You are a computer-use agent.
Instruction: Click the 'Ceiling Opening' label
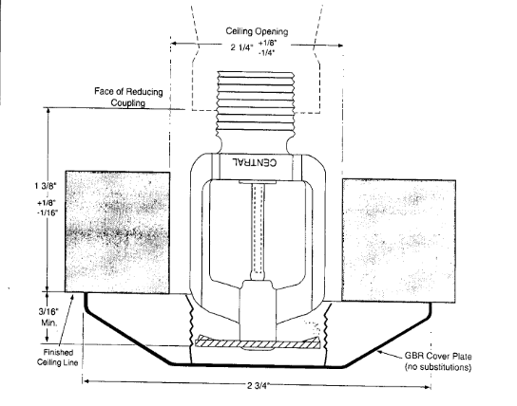point(257,31)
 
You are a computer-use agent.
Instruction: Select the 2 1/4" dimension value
point(241,47)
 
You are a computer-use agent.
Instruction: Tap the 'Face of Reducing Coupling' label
point(128,97)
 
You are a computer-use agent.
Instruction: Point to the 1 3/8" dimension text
point(46,186)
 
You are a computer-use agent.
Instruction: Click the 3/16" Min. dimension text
point(48,317)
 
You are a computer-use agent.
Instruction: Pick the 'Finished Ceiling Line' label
point(58,358)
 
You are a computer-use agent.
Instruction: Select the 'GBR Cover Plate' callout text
point(438,357)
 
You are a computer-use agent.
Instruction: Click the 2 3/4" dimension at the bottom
point(258,385)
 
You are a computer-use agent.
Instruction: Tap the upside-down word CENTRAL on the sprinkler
point(255,162)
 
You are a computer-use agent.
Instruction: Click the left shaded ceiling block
point(118,232)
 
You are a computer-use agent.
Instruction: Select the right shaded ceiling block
point(399,241)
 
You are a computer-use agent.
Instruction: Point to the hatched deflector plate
point(258,342)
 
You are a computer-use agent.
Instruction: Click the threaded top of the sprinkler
point(256,101)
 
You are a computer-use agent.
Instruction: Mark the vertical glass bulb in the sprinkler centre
point(258,230)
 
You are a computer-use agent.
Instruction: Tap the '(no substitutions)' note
point(438,367)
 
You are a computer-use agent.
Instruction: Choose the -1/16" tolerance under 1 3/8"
point(48,212)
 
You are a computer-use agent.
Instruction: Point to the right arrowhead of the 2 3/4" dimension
point(427,387)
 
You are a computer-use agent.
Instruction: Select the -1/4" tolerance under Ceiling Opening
point(266,52)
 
